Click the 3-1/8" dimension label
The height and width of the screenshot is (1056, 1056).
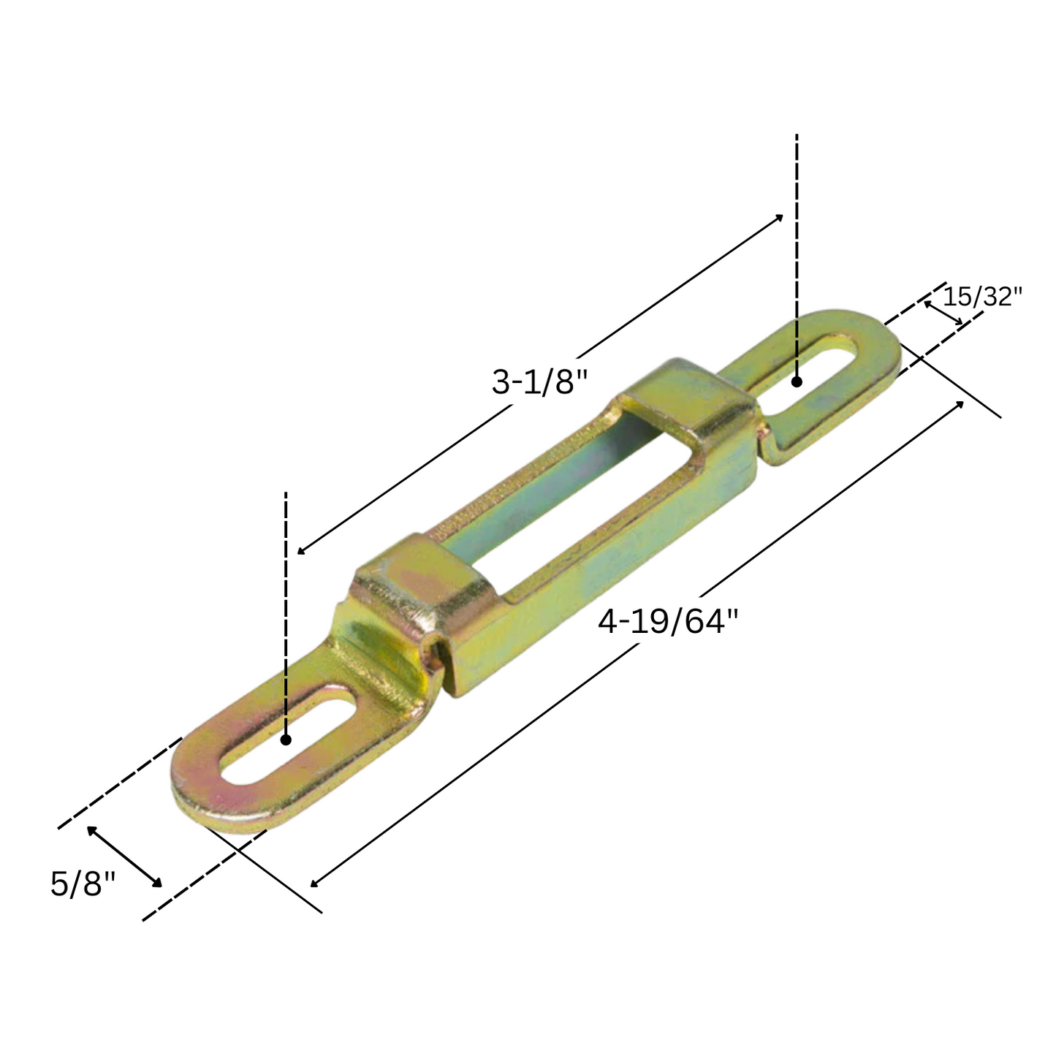pos(539,382)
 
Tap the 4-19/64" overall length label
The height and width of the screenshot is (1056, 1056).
pos(668,623)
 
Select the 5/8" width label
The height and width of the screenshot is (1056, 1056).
pos(83,884)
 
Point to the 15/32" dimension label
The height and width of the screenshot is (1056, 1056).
pos(981,297)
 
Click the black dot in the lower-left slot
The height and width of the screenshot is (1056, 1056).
pos(286,740)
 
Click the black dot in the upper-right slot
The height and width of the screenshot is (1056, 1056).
pos(797,381)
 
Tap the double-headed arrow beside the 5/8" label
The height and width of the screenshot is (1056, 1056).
pos(124,856)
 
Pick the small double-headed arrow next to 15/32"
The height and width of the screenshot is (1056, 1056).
pos(943,313)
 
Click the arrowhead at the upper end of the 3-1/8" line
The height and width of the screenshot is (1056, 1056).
pos(780,217)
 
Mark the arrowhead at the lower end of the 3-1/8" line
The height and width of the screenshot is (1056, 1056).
pos(301,551)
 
